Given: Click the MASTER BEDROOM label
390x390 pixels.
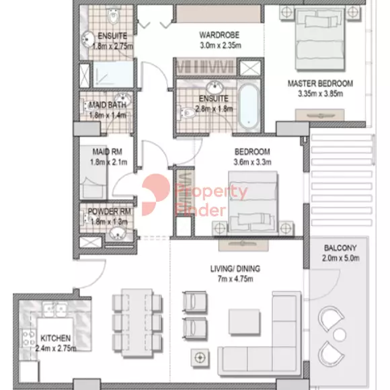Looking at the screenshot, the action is click(320, 83).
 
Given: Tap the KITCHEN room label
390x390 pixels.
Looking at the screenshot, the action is click(55, 338).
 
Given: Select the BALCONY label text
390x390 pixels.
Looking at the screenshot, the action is click(340, 247).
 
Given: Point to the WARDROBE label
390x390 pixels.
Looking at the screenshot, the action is click(219, 35).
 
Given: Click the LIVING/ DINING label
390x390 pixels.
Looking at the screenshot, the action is click(235, 268).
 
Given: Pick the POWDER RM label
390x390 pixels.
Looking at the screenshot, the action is click(110, 211).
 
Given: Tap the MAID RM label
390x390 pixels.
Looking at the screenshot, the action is click(107, 151).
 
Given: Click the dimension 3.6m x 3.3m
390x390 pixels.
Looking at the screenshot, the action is click(252, 162).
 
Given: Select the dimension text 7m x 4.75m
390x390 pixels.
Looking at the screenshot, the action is click(235, 279).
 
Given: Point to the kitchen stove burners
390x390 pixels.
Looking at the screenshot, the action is click(28, 338).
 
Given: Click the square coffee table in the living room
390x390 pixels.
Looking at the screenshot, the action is click(244, 322).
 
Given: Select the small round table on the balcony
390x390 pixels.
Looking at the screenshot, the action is click(340, 335).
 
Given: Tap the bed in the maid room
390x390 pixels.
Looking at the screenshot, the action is click(93, 172).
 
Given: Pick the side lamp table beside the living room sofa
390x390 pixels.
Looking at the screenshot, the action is click(200, 358).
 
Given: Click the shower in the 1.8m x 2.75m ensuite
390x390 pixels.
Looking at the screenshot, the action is click(114, 74).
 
